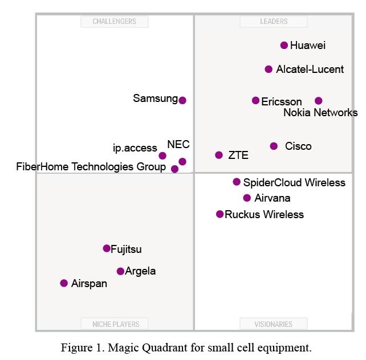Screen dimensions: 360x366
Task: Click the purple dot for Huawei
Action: (x=284, y=46)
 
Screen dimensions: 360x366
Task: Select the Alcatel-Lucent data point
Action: (x=269, y=69)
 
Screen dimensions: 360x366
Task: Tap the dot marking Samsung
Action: (x=182, y=100)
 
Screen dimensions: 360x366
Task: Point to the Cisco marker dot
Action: (x=274, y=146)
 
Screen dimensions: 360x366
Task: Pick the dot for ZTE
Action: (x=219, y=155)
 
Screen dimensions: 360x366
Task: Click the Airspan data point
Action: (x=64, y=283)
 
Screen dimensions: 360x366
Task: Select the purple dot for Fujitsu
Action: (x=107, y=248)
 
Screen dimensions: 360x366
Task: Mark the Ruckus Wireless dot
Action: (x=220, y=214)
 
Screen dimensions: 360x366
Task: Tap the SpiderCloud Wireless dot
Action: (x=237, y=182)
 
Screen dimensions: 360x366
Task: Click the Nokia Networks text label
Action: (x=320, y=113)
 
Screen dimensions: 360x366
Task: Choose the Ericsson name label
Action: (x=282, y=102)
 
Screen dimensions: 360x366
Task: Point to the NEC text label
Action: (x=178, y=145)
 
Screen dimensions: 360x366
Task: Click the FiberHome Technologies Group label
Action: (x=91, y=167)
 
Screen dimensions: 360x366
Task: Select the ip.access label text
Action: (x=135, y=148)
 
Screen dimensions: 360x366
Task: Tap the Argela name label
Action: (x=140, y=271)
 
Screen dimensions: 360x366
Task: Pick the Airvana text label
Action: (x=273, y=198)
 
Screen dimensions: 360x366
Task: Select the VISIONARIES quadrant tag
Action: (x=274, y=324)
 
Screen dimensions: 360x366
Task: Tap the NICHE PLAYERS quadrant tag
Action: (x=116, y=324)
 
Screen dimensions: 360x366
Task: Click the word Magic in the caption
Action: (x=120, y=347)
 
